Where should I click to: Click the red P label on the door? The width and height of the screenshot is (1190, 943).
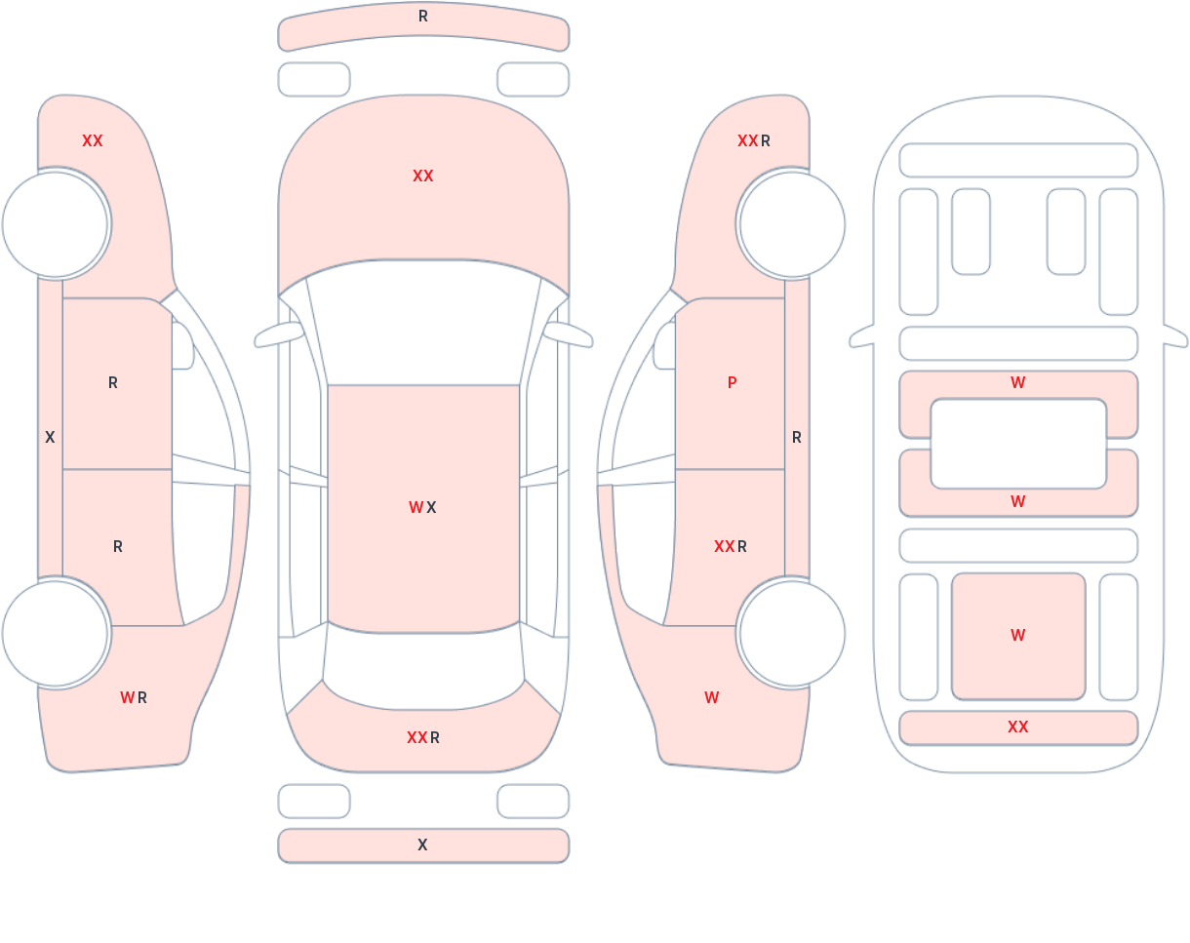click(732, 382)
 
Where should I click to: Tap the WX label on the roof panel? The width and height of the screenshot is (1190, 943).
click(422, 507)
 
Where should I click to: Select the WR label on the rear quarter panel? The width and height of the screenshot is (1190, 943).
click(134, 697)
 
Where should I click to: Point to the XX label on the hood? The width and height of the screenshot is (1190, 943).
click(423, 176)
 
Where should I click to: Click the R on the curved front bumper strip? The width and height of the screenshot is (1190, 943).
click(423, 17)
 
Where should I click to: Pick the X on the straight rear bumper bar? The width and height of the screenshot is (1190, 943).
click(422, 845)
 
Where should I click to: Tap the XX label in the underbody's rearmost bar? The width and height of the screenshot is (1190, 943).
click(1018, 727)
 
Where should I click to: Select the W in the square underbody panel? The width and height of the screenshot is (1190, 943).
click(1018, 635)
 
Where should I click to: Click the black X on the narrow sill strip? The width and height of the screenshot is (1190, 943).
click(50, 437)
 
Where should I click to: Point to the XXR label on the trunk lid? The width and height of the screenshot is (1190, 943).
click(423, 737)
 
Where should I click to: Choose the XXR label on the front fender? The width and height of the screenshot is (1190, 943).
click(754, 141)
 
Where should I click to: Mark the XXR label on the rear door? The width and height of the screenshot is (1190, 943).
click(731, 547)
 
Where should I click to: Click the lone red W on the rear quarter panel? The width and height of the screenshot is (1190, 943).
click(712, 697)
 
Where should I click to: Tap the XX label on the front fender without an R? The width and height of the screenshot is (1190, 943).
click(93, 141)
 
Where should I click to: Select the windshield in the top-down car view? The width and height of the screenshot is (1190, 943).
click(423, 321)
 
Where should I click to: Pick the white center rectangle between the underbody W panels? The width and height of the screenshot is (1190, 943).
click(1018, 444)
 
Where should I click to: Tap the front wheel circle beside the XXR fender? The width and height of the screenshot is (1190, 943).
click(792, 224)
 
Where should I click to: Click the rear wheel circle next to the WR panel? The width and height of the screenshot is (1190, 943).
click(55, 634)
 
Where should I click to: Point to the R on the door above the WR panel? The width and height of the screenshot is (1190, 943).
click(118, 547)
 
